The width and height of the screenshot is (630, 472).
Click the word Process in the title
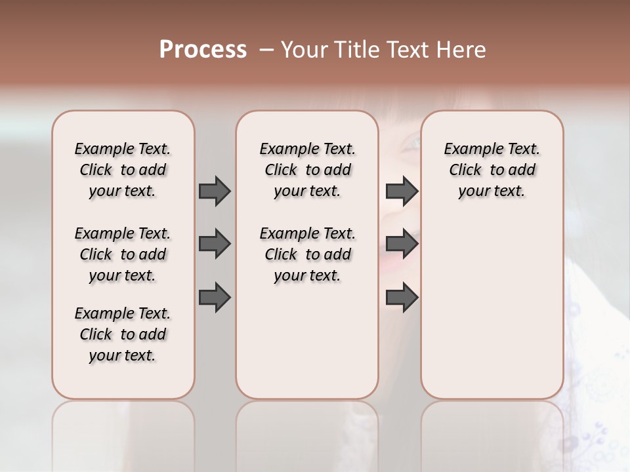point(203,50)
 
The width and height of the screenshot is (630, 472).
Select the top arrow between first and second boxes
point(215,191)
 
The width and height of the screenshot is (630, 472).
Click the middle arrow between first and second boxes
point(215,244)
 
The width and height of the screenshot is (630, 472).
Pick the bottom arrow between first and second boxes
point(215,297)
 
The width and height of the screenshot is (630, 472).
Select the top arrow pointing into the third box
point(402,191)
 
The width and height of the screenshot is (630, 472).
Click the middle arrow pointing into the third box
point(402,244)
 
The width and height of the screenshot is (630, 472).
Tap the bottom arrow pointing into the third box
point(402,297)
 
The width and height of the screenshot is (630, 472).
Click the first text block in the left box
point(123,170)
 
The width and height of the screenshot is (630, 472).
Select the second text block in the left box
point(123,254)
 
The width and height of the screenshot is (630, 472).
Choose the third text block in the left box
point(123,334)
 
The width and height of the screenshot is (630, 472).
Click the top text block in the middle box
point(307,170)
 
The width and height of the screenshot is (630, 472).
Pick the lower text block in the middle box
point(307,254)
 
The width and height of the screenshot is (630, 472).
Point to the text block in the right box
point(492,170)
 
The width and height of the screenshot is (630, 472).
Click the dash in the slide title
point(266,50)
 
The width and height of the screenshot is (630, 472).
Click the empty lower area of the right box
point(492,315)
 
